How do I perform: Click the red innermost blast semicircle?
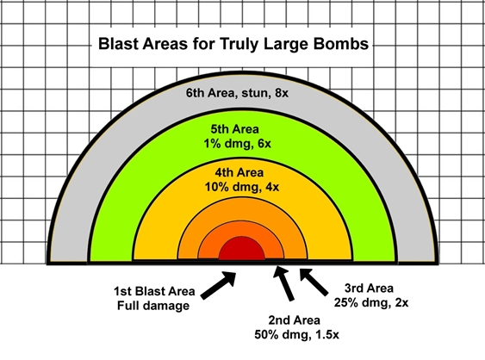click(x=241, y=249)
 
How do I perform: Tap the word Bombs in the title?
click(x=341, y=44)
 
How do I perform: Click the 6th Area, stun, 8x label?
click(x=237, y=93)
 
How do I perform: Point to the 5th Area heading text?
click(x=235, y=129)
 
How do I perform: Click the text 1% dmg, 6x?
click(x=237, y=144)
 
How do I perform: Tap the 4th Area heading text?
click(x=239, y=172)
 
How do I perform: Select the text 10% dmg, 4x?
click(x=242, y=187)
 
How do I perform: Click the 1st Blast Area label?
click(x=154, y=291)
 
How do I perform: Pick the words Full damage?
click(x=153, y=306)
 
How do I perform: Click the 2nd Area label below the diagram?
click(x=294, y=320)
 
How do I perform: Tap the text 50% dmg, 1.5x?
click(x=296, y=335)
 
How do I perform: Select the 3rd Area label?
click(x=369, y=289)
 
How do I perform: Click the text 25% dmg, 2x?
click(x=371, y=302)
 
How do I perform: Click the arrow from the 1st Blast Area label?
click(x=218, y=285)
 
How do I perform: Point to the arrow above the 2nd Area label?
click(x=283, y=283)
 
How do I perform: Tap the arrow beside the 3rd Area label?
click(x=314, y=282)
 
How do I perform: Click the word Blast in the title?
click(x=118, y=44)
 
